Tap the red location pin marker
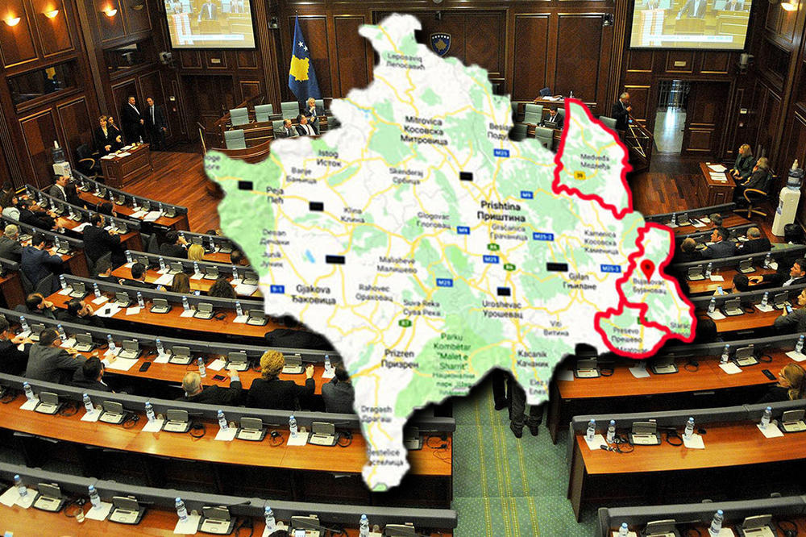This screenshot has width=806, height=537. [649, 269]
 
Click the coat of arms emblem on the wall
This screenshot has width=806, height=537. [440, 44]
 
